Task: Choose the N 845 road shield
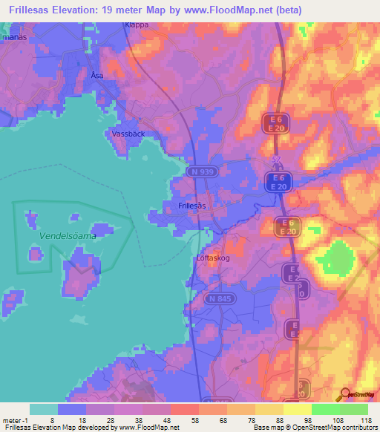pos(219,298)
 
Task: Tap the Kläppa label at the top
pos(137,24)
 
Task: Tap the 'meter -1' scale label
pos(14,420)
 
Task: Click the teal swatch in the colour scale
pos(43,409)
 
